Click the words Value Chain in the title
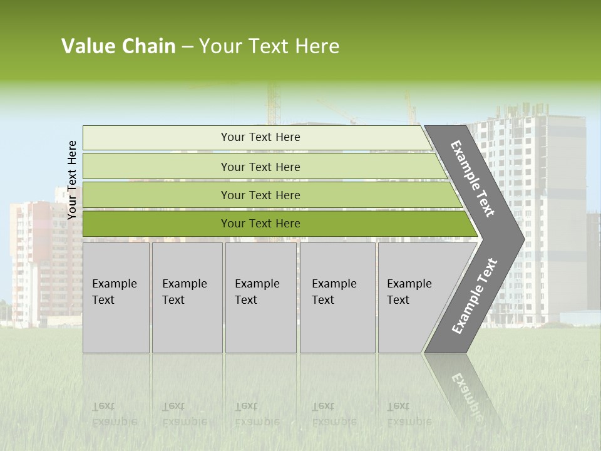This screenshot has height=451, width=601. tap(118, 46)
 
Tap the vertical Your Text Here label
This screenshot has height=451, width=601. tap(72, 180)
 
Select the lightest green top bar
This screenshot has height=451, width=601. tap(257, 137)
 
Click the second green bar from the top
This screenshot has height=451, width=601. tap(264, 167)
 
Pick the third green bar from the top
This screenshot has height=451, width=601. tap(272, 195)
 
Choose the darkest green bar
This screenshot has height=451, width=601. tap(280, 224)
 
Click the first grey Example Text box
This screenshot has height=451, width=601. tap(116, 298)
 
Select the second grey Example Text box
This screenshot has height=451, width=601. tap(187, 298)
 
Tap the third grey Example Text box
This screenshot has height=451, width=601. tap(260, 298)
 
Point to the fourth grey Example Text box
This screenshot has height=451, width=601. tap(337, 298)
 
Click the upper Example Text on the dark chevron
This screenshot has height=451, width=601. tap(472, 179)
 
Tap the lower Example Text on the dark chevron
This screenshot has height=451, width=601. tap(475, 296)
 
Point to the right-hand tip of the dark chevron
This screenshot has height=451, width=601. tap(525, 239)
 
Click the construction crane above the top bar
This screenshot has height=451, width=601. tap(273, 103)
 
